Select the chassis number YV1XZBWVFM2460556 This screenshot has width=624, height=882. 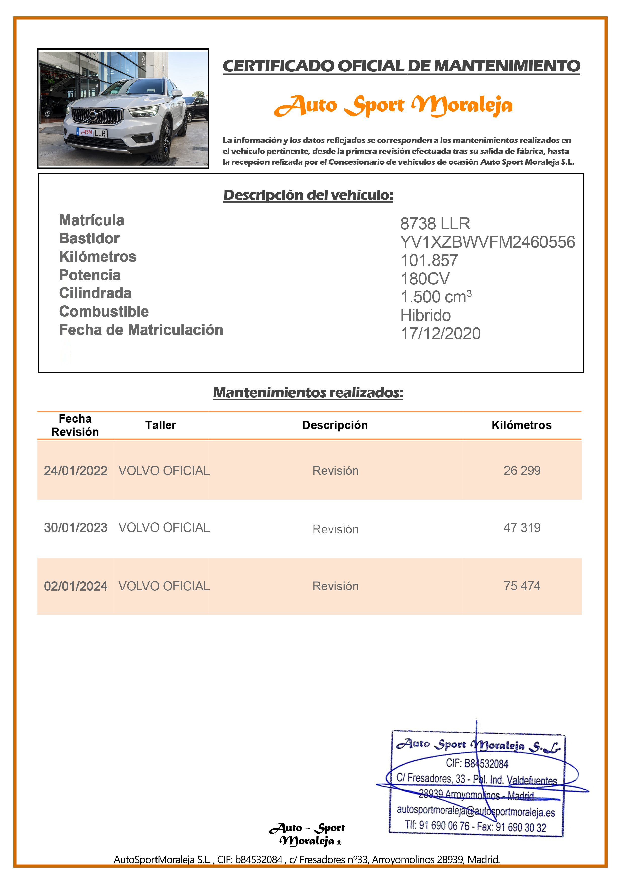click(x=487, y=242)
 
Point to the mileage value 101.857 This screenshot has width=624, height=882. click(x=429, y=260)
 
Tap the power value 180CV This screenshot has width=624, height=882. click(x=425, y=279)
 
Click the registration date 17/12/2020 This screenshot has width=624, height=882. click(x=440, y=333)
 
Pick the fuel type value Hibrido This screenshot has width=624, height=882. click(x=425, y=315)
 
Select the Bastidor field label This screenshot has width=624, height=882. click(x=89, y=239)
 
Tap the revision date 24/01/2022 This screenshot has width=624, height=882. click(x=75, y=471)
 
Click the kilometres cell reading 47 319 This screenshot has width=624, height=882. click(x=522, y=527)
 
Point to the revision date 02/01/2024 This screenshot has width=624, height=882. click(x=75, y=586)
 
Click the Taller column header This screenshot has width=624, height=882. click(x=160, y=425)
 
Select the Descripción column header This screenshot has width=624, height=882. click(x=335, y=425)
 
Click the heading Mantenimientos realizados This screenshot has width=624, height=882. click(x=308, y=392)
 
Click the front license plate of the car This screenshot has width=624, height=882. click(x=92, y=133)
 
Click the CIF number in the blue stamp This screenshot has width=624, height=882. click(x=477, y=763)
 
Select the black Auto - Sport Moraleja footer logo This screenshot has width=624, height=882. click(x=307, y=834)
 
